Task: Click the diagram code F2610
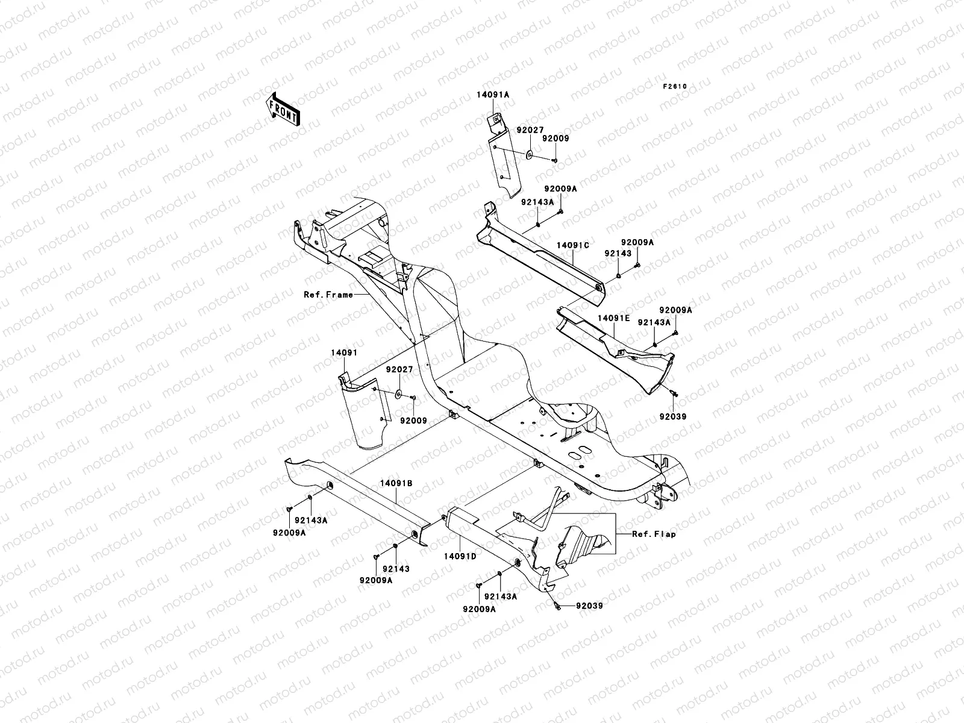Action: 675,87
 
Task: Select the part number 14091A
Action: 493,95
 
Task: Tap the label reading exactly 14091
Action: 344,352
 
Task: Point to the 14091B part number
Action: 396,499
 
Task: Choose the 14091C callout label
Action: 572,246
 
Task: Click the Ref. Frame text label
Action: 328,295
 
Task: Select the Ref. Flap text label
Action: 654,534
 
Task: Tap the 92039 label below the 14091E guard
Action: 672,416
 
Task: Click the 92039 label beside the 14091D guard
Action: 589,606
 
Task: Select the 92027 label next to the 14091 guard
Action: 399,369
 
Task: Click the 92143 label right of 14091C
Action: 618,253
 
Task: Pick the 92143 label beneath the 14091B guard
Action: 395,569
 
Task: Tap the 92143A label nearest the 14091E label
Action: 654,322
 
